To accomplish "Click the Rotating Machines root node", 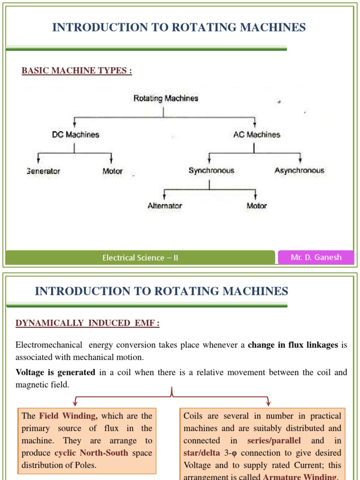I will [x=166, y=98].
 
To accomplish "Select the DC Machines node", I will [x=75, y=135].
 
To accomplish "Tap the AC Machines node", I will [x=256, y=135].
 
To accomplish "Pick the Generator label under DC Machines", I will [x=44, y=171].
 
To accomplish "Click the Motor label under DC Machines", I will [x=112, y=171].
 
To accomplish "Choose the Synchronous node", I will [x=211, y=171].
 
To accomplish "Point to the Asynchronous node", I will [x=299, y=171].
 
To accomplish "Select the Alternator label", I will [x=165, y=206].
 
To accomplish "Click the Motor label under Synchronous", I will [x=256, y=206].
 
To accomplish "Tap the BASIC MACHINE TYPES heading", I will [x=77, y=71].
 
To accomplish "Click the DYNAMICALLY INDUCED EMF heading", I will [x=88, y=323].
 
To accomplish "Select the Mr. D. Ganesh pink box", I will [x=316, y=257].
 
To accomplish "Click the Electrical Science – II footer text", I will [x=140, y=258].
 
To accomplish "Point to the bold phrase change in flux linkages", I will [x=292, y=345].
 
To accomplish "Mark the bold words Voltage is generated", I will [x=55, y=372].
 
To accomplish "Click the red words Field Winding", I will [x=68, y=416].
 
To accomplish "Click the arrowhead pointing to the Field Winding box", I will [x=75, y=403].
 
